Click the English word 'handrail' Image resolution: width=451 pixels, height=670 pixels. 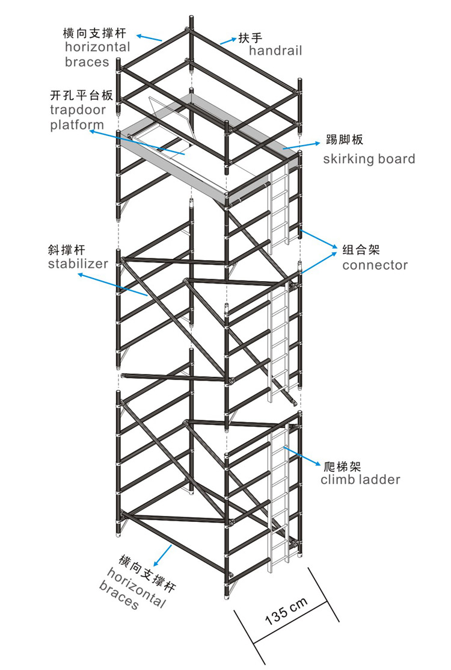click(x=275, y=51)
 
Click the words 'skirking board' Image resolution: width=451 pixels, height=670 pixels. click(x=369, y=159)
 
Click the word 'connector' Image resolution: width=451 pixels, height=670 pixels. click(x=375, y=265)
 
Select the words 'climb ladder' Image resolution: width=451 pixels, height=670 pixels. click(x=360, y=480)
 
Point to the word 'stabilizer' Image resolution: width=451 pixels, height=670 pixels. click(x=79, y=263)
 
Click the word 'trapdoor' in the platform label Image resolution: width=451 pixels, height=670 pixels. click(x=78, y=110)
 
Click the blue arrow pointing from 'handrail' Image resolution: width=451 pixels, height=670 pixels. click(x=228, y=40)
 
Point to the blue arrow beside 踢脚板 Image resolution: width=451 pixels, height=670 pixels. click(x=301, y=144)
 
